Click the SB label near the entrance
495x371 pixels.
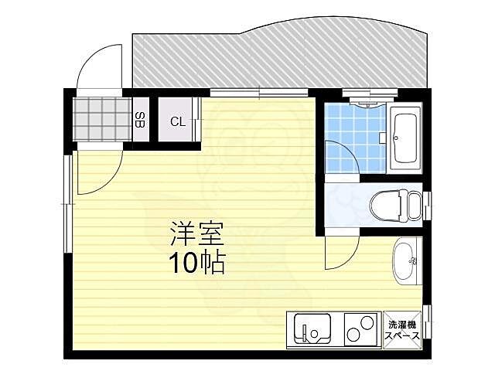pyautogui.click(x=139, y=120)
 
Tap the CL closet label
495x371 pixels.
pyautogui.click(x=177, y=121)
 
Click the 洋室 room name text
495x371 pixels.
pyautogui.click(x=193, y=233)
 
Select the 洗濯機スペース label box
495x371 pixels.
pyautogui.click(x=403, y=330)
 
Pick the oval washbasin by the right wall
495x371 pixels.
pyautogui.click(x=405, y=261)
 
